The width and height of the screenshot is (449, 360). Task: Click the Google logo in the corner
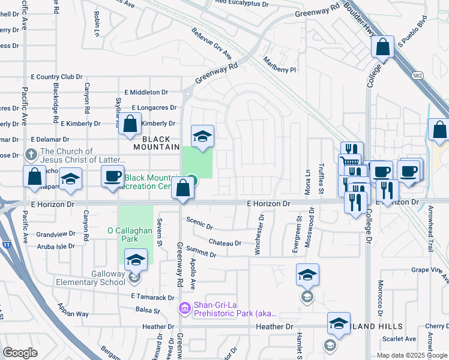(x=20, y=353)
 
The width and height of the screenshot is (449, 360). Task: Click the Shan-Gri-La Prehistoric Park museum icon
(x=185, y=308)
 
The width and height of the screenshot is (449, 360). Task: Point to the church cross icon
(x=31, y=154)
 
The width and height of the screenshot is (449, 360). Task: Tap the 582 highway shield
(x=418, y=76)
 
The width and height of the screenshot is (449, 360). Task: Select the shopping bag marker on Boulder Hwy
(x=382, y=46)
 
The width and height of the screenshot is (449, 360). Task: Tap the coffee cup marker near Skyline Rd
(x=112, y=176)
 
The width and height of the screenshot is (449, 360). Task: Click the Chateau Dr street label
(x=225, y=243)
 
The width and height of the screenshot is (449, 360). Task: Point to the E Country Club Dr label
(x=56, y=77)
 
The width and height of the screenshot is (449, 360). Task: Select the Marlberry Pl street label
(x=280, y=65)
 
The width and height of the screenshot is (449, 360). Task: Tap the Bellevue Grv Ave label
(x=211, y=43)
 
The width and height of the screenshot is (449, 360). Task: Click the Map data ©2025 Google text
(x=412, y=355)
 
